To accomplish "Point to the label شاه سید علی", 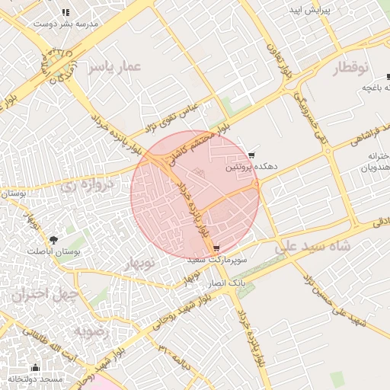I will [x=312, y=248].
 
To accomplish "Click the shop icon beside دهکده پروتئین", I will [x=252, y=155].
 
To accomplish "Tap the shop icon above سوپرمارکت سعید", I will [x=217, y=248].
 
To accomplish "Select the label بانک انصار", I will [x=228, y=283].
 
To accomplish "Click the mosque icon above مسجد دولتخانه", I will [x=34, y=367].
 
